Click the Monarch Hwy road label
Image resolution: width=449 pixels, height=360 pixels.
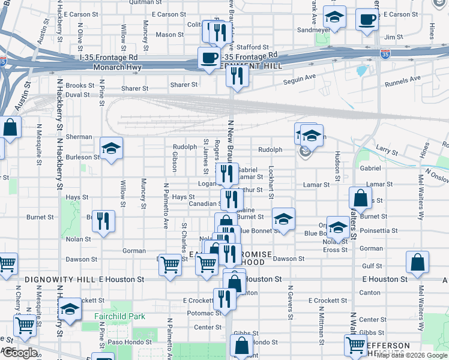tap(117, 67)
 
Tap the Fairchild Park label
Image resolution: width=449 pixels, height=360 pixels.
tap(119, 316)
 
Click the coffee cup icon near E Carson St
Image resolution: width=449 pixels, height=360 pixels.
tap(367, 19)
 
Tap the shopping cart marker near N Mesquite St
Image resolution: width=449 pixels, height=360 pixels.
tap(25, 325)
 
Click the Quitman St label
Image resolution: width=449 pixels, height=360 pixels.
tap(142, 2)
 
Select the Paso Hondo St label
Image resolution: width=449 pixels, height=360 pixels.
tap(128, 343)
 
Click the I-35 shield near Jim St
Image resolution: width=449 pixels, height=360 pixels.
tap(385, 54)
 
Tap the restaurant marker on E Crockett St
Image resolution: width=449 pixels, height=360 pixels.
tap(224, 298)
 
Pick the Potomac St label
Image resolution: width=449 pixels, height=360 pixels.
tap(205, 314)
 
